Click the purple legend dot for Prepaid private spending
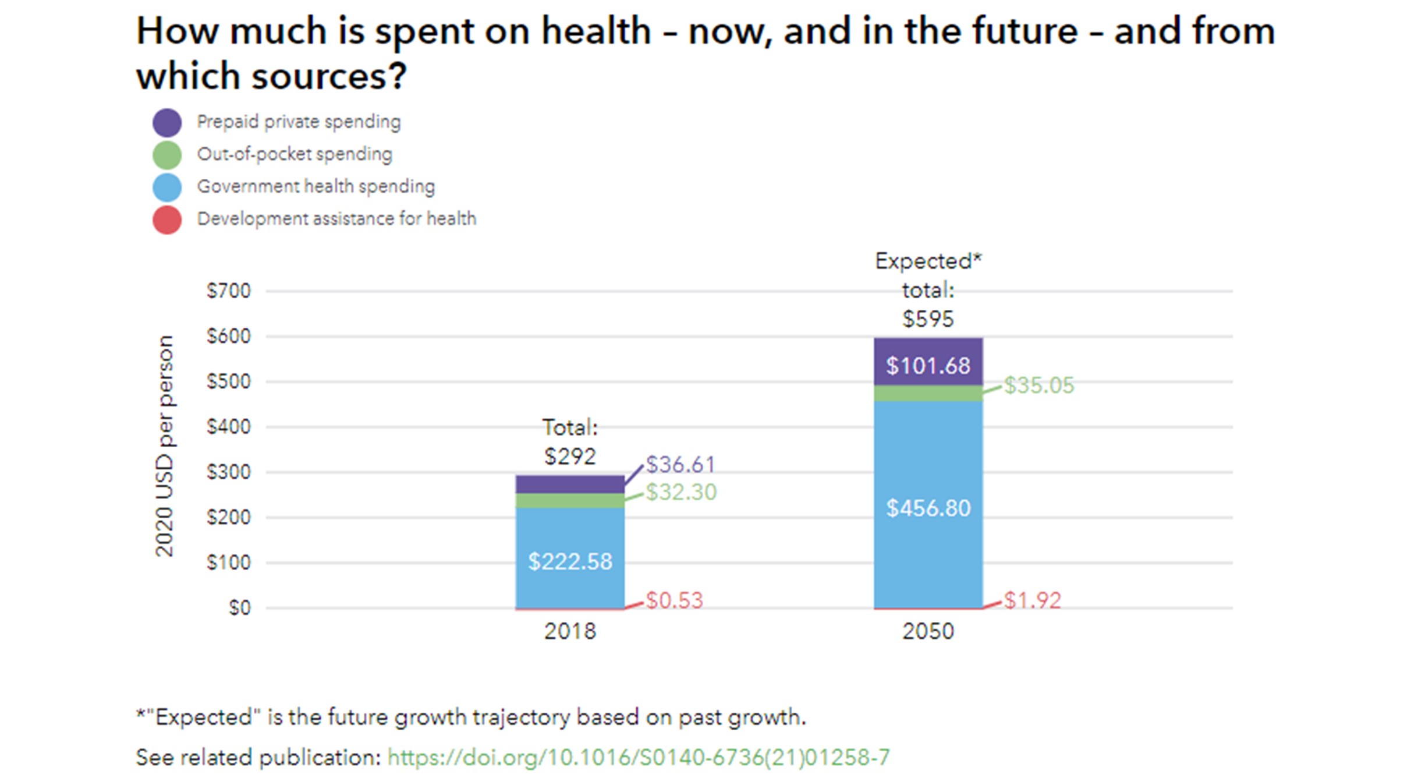(x=167, y=123)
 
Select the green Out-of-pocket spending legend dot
(x=167, y=155)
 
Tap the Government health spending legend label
(x=315, y=186)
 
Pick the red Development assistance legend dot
(x=167, y=220)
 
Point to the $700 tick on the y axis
(x=228, y=291)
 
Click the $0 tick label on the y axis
(x=239, y=608)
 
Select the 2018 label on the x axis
(x=570, y=631)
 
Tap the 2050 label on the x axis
(x=928, y=631)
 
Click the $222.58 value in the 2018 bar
(x=570, y=561)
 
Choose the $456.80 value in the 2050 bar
(x=928, y=508)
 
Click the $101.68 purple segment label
(x=928, y=366)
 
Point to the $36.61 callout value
(x=680, y=465)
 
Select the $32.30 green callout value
(x=681, y=493)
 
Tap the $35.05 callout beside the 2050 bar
(x=1039, y=386)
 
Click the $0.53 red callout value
(x=675, y=600)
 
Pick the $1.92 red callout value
(x=1033, y=600)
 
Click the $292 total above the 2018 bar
(x=570, y=456)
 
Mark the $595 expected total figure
(x=928, y=319)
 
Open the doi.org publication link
(x=638, y=757)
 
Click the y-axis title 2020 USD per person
(x=165, y=446)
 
